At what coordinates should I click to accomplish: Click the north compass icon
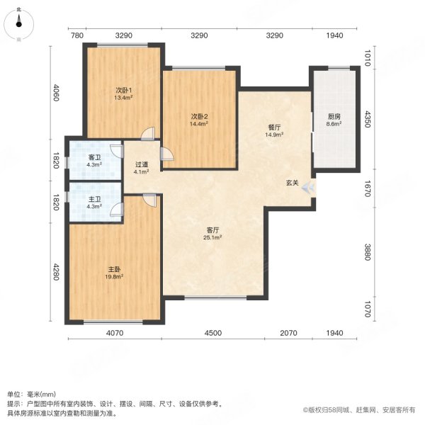pyautogui.click(x=18, y=21)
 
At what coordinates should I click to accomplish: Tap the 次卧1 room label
pyautogui.click(x=125, y=90)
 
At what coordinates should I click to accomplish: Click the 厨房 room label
pyautogui.click(x=334, y=117)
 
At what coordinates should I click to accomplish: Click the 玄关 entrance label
pyautogui.click(x=292, y=183)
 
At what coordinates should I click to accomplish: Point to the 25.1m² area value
pyautogui.click(x=214, y=238)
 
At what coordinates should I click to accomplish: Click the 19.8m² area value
pyautogui.click(x=115, y=277)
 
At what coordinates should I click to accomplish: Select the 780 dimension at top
pyautogui.click(x=77, y=35)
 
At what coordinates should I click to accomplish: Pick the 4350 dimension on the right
pyautogui.click(x=368, y=117)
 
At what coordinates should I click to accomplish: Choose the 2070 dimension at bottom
pyautogui.click(x=288, y=333)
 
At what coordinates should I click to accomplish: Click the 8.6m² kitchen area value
pyautogui.click(x=334, y=124)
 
